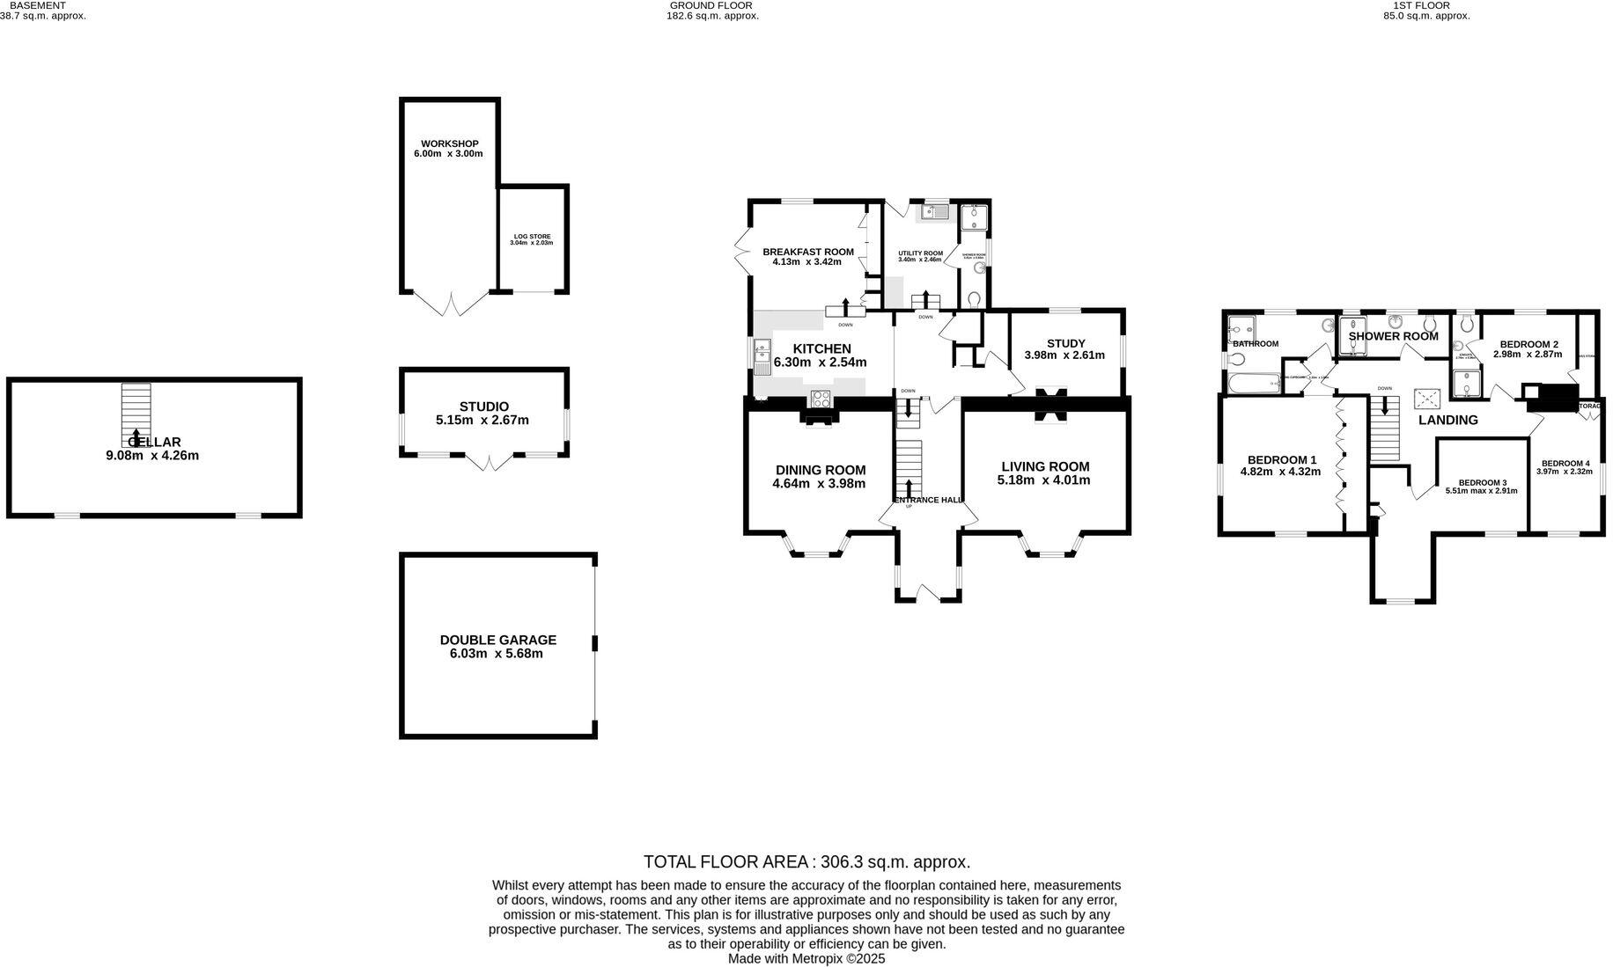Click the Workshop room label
(449, 143)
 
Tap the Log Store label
(532, 237)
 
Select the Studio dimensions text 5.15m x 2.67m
(482, 421)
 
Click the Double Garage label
(498, 640)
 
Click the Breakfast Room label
(807, 252)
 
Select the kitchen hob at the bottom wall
(820, 398)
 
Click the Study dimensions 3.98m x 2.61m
(1065, 355)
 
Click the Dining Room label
(820, 470)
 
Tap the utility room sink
(934, 211)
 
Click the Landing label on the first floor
(1447, 421)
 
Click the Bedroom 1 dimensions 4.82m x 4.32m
(1280, 472)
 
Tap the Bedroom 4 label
(1565, 463)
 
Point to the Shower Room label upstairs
(1393, 336)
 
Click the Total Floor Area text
(806, 862)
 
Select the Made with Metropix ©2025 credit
(806, 958)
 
